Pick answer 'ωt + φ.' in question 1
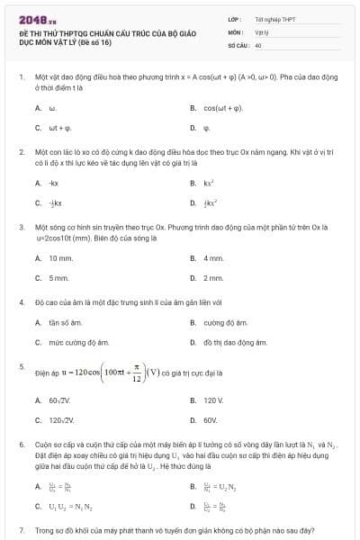point(59,128)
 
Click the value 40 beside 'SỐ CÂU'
point(258,44)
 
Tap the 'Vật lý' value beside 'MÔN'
point(263,31)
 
